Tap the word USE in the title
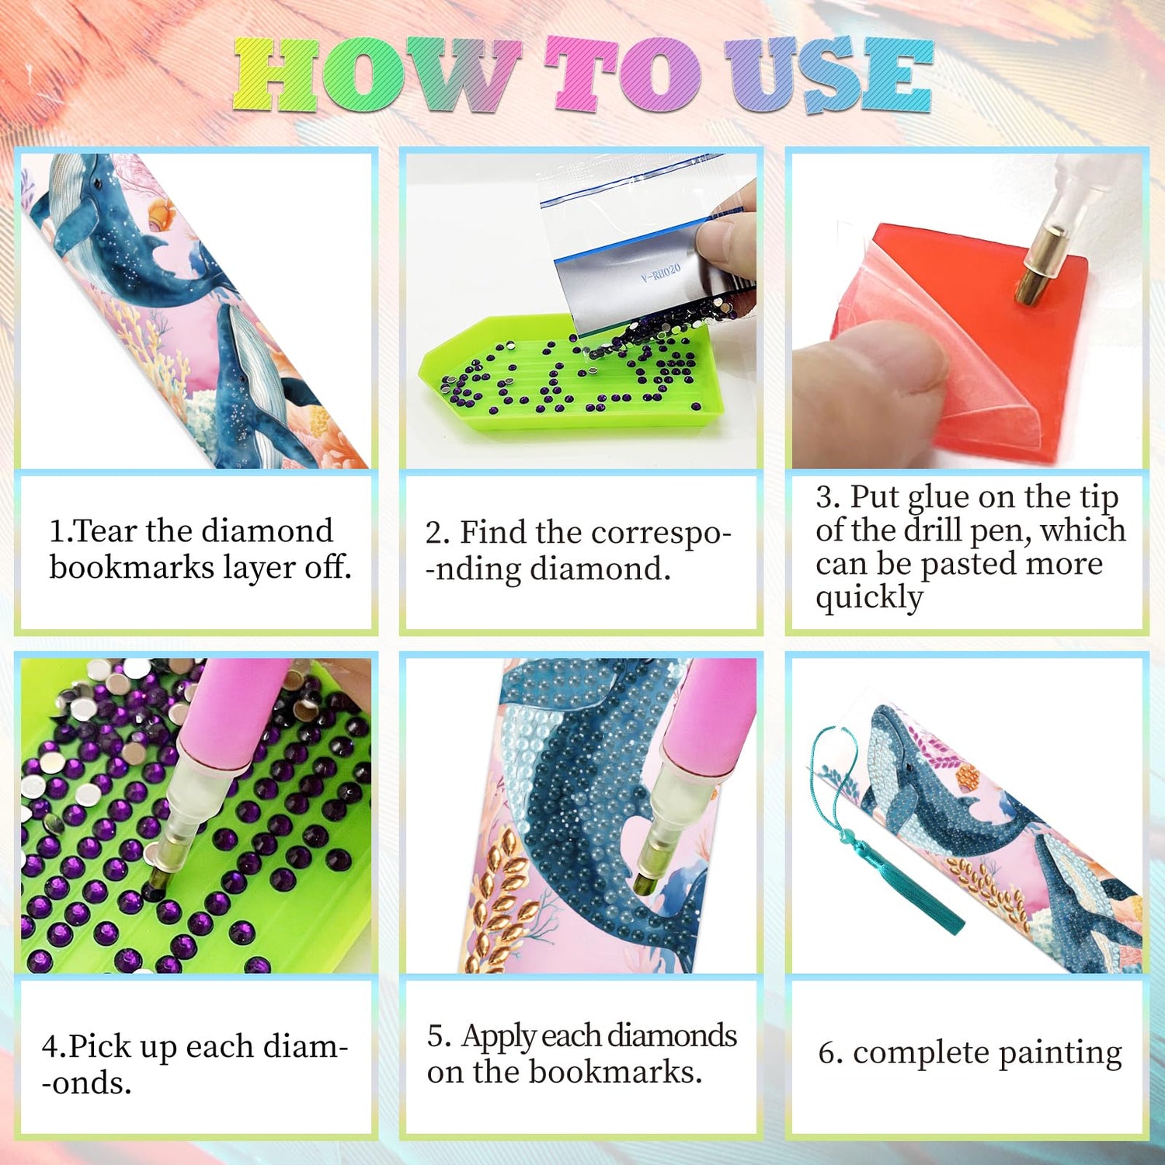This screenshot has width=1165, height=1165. point(829,75)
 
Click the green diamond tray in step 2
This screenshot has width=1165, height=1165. point(571,375)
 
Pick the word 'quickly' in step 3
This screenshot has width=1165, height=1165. point(869,598)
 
